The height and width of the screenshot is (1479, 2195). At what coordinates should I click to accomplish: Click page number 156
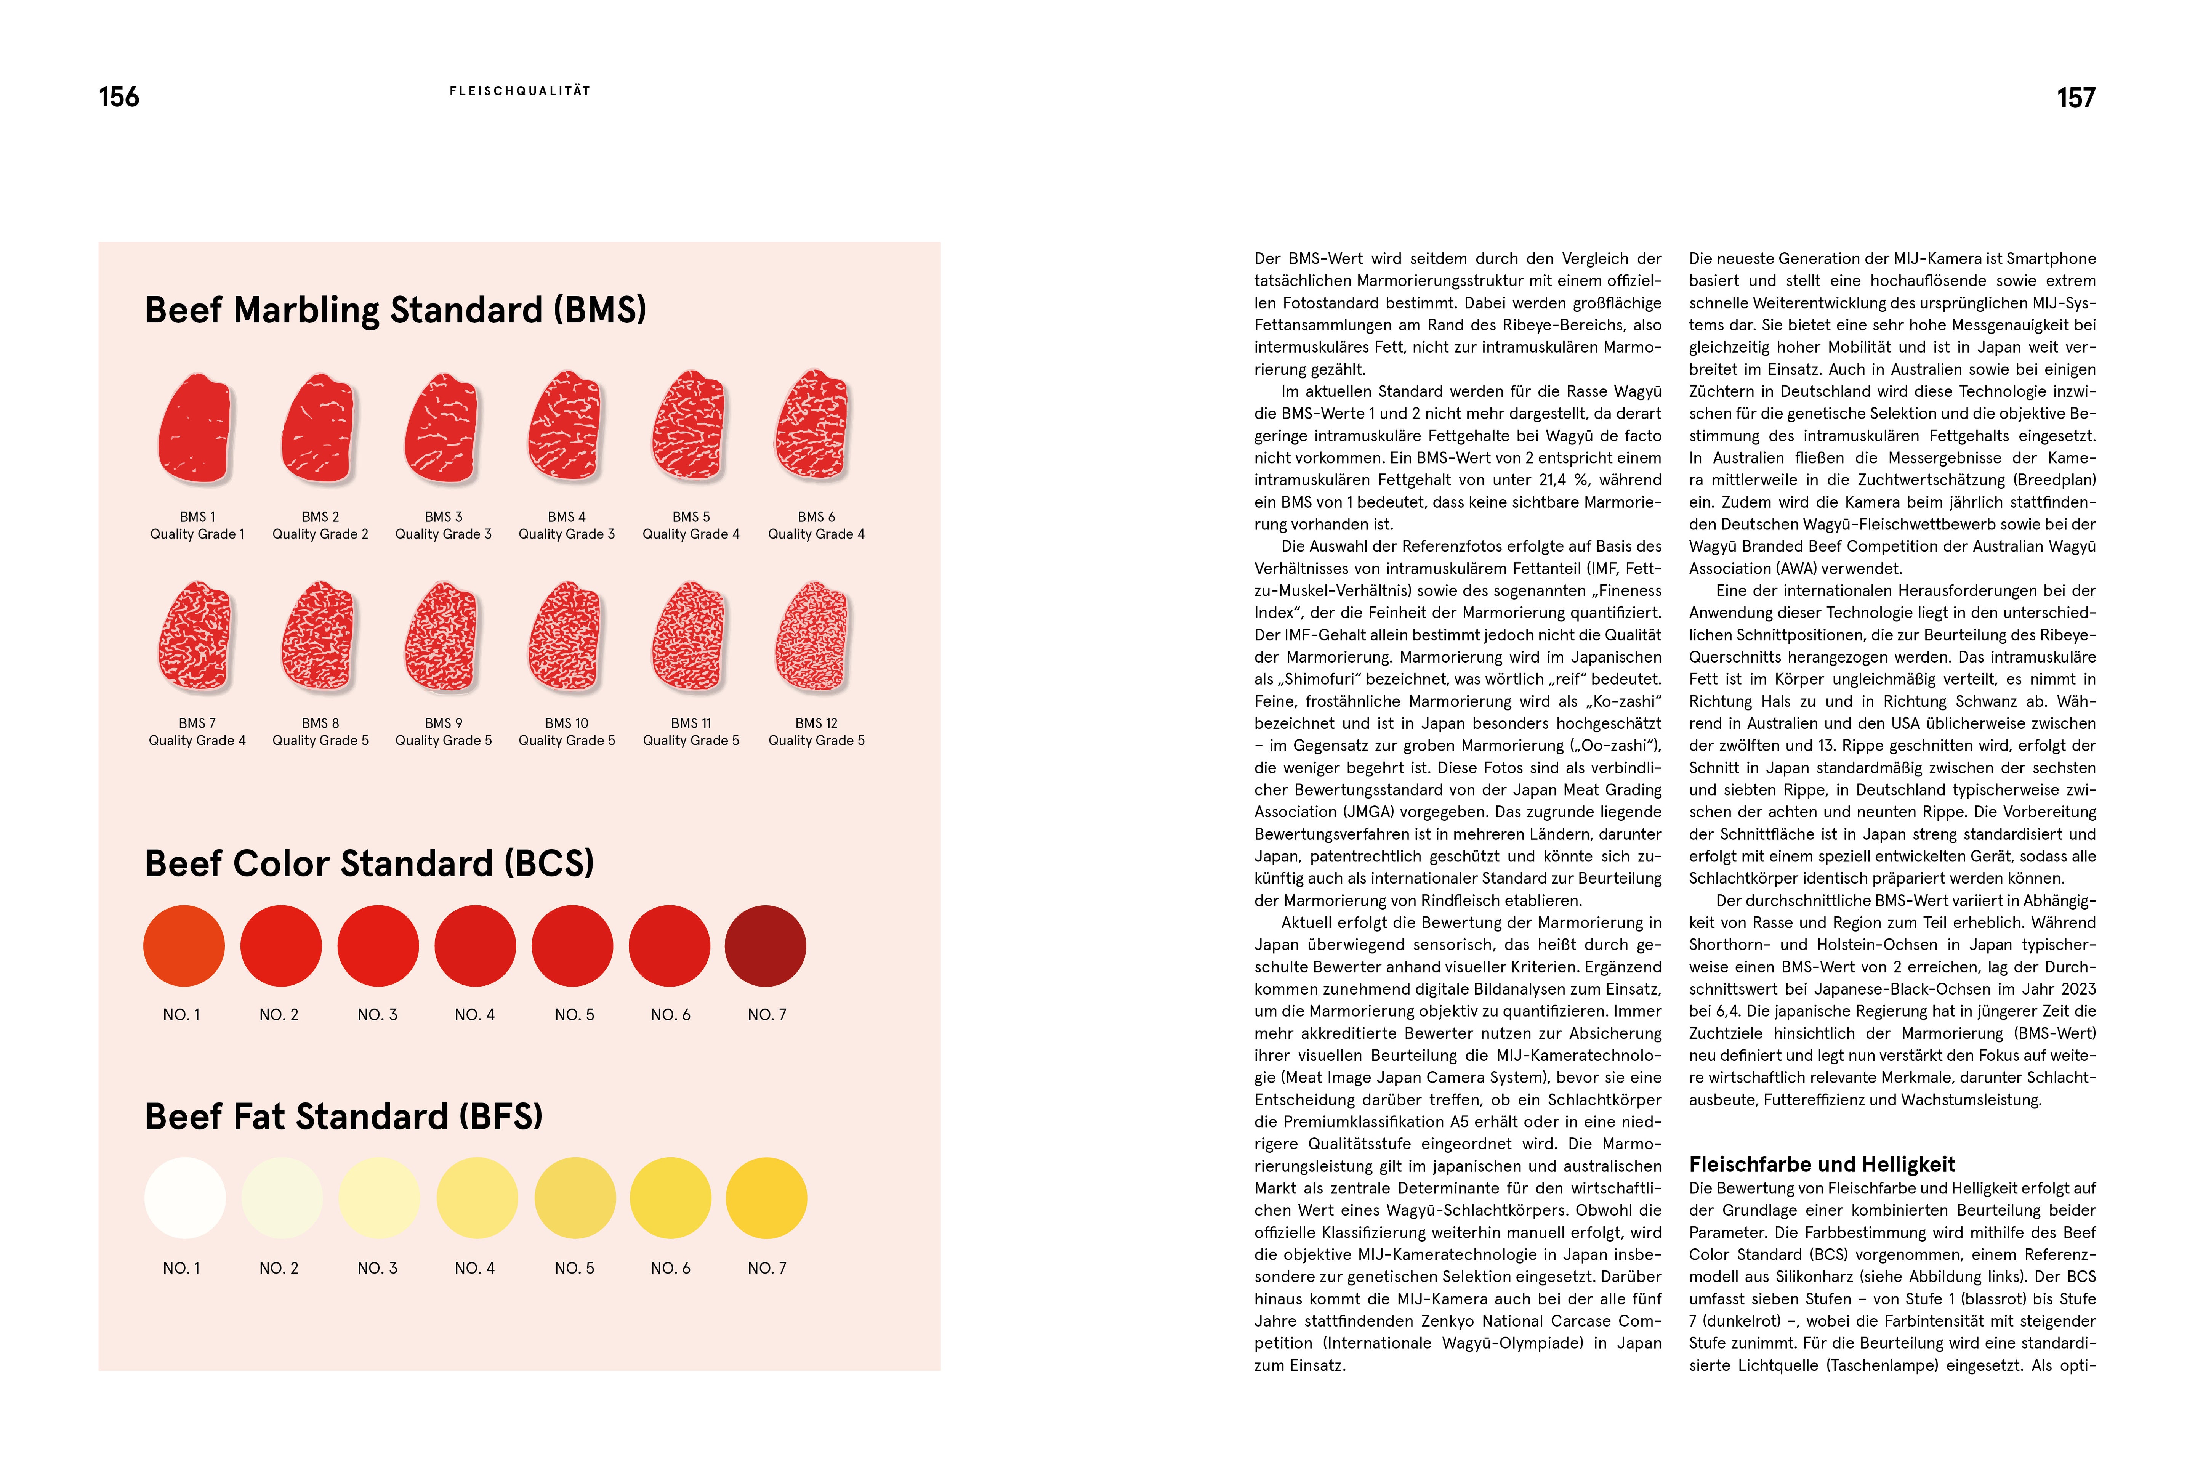click(119, 97)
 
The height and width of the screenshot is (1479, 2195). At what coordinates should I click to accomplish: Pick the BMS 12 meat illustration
click(813, 638)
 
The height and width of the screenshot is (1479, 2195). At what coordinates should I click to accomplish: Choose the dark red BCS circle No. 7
click(766, 946)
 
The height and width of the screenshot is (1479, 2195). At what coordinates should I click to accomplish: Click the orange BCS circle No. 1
click(184, 946)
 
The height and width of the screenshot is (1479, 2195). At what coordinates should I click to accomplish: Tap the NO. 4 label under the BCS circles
click(474, 1015)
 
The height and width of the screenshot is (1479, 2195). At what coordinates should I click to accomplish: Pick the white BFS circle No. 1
click(185, 1198)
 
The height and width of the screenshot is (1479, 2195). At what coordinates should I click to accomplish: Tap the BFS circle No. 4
click(476, 1198)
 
